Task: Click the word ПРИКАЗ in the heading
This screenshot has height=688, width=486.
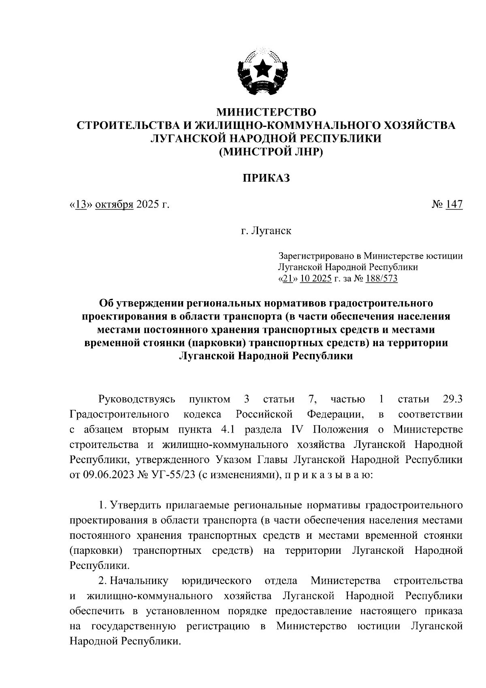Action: point(266,178)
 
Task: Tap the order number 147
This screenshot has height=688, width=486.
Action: point(454,205)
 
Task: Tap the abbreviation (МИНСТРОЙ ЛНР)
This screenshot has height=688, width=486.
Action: point(266,152)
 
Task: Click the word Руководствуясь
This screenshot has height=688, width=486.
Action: point(137,400)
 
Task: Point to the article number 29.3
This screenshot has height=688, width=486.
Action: point(452,400)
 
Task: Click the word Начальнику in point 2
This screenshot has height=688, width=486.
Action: point(139,581)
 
